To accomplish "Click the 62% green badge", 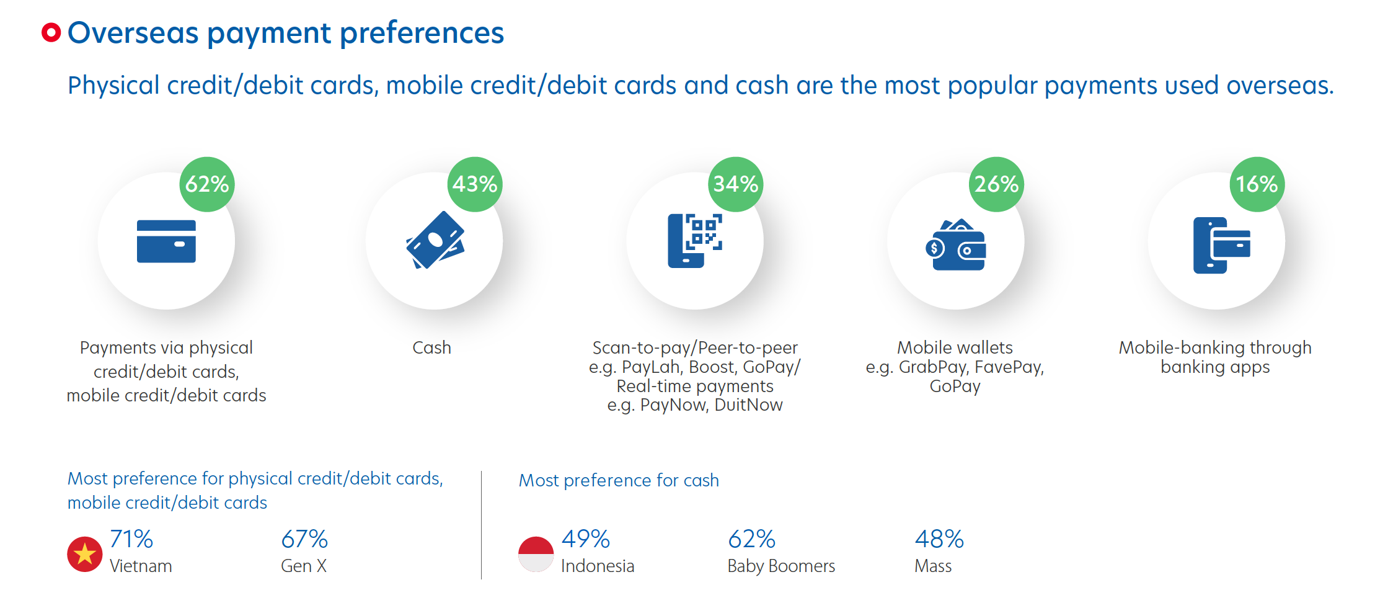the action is [207, 184].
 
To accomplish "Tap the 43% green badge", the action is [475, 184].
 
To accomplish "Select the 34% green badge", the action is [736, 184].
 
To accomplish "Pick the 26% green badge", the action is [996, 184].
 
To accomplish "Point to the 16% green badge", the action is [1257, 184].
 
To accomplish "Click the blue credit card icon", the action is [166, 241].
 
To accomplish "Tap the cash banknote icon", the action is [435, 240].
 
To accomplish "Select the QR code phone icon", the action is [695, 241].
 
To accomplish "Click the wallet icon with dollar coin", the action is [955, 244].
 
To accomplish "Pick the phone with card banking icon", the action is [1221, 245].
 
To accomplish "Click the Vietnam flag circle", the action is [85, 554].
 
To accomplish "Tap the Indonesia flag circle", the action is [536, 554].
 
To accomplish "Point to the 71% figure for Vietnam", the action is [131, 539].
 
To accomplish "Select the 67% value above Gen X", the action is [304, 539].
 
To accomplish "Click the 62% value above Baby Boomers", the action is [751, 539].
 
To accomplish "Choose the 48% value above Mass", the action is [939, 539].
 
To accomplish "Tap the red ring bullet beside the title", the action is [51, 32].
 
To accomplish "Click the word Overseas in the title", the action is [133, 33].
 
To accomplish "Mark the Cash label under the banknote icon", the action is [432, 347].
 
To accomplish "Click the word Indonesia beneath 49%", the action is [598, 566].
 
